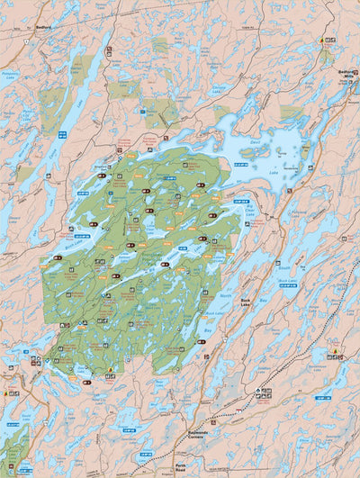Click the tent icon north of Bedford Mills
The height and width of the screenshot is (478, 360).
322,41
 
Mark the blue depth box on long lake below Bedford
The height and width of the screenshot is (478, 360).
62,134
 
